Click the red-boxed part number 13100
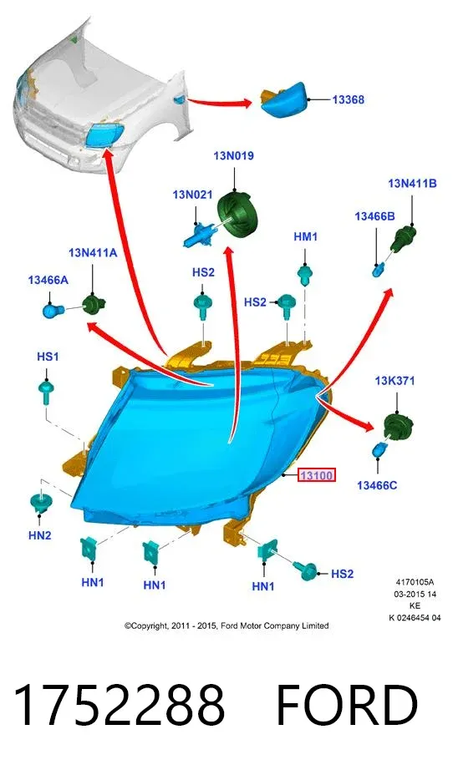(317, 475)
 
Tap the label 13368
(348, 99)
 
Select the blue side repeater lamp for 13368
(283, 100)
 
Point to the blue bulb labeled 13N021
(199, 233)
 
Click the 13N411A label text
(93, 253)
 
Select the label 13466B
(375, 216)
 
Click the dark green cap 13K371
(398, 427)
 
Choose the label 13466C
(377, 485)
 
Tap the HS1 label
(48, 357)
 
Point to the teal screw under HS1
(46, 393)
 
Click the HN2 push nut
(38, 503)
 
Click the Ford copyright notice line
(226, 626)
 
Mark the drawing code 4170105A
(415, 582)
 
